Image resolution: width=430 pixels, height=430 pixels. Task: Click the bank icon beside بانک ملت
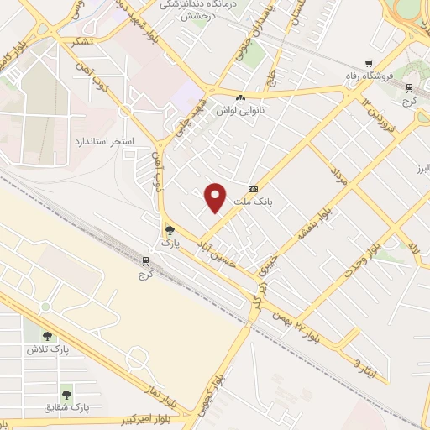point(254,189)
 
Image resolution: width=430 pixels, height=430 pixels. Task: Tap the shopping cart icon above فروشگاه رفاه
point(368,65)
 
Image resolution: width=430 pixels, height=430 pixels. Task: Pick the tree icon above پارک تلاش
point(47,333)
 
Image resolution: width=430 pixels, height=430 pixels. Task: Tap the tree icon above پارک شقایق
point(66,392)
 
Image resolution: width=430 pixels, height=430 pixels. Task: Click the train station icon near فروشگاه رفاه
point(409,88)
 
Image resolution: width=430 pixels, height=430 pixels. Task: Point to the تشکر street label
point(82,40)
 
